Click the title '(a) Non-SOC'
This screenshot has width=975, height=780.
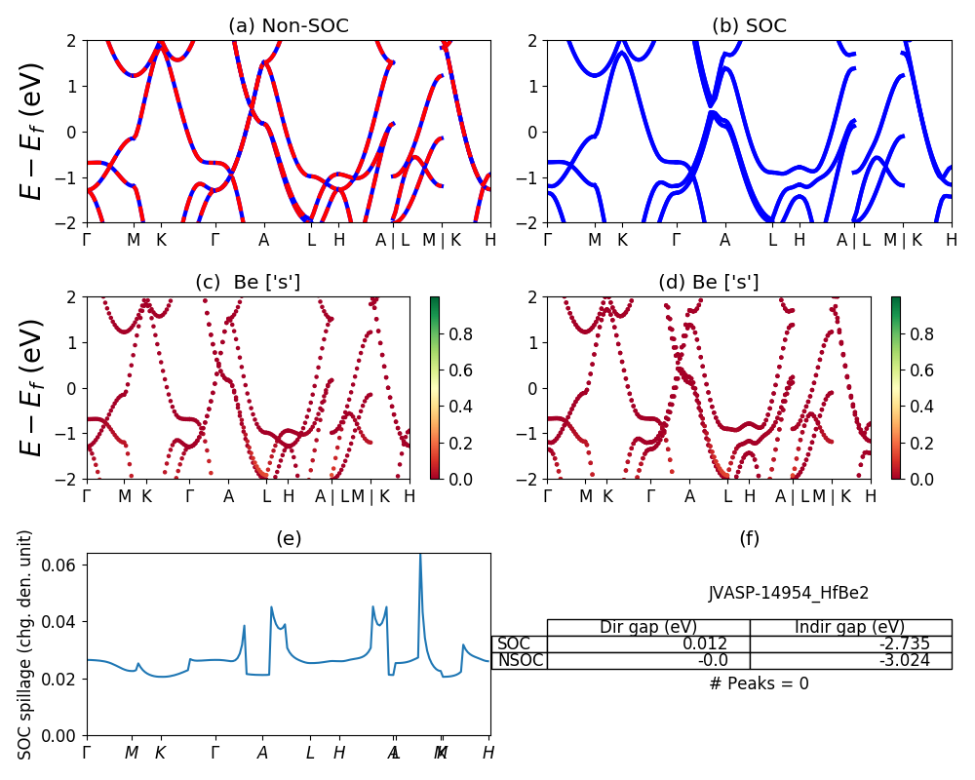coord(289,26)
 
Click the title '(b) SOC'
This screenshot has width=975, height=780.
coord(749,26)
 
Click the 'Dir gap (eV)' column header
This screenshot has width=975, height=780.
coord(648,627)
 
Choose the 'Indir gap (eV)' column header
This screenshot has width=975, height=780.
coord(850,627)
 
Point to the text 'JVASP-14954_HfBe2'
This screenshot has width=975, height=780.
coord(789,593)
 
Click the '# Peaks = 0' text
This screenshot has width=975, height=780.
coord(759,683)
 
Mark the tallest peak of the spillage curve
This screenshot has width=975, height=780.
coord(420,556)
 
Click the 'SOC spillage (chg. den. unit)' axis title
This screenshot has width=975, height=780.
coord(26,643)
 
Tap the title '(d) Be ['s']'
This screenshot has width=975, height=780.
coord(709,283)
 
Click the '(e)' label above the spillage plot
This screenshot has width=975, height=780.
coord(289,538)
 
